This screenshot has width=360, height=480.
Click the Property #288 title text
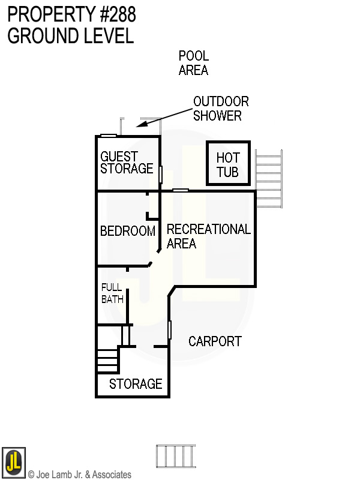(71, 14)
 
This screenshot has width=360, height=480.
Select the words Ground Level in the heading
(70, 36)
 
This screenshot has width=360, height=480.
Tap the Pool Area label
(193, 63)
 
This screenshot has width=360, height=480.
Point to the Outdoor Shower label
(220, 109)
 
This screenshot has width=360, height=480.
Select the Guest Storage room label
(127, 163)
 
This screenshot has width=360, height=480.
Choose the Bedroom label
(127, 231)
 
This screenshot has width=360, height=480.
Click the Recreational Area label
(208, 236)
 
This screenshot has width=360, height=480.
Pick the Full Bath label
(112, 293)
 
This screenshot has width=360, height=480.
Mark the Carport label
(215, 341)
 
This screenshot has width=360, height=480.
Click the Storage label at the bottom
(136, 384)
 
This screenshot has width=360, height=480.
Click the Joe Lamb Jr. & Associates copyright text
(79, 475)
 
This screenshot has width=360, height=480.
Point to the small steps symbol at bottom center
(176, 456)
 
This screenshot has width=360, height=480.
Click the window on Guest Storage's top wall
(108, 136)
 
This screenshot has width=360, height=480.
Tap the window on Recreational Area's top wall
(181, 190)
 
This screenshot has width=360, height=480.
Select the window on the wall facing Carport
(170, 329)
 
